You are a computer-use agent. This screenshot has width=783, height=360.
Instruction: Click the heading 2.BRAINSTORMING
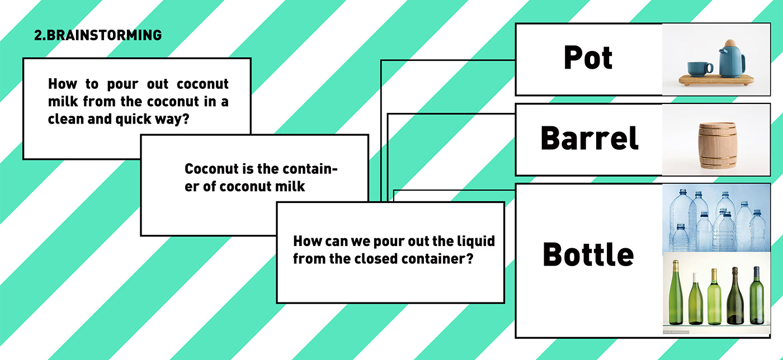coord(98,35)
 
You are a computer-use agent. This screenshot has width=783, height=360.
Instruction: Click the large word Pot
coord(588,58)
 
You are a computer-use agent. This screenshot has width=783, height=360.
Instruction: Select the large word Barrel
coord(589,138)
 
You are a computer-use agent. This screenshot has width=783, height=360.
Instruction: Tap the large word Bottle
coord(588,254)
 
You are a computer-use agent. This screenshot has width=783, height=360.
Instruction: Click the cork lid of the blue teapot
coord(730,43)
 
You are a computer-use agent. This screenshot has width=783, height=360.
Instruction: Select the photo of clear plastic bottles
coord(716,219)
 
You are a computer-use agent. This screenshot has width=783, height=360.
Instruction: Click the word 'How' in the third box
coord(305,241)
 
